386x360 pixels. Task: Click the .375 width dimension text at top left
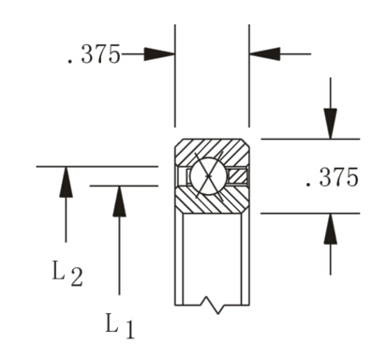93,54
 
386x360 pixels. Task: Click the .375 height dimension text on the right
332,177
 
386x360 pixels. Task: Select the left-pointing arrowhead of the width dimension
262,54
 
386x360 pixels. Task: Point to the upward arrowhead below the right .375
330,227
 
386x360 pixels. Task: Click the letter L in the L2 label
58,272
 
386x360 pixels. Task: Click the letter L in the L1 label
111,323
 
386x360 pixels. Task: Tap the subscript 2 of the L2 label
76,277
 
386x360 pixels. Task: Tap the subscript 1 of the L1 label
129,330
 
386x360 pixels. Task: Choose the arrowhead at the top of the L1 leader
119,201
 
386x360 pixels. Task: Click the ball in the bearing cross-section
206,175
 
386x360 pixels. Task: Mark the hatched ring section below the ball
211,201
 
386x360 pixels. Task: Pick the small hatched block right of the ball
238,174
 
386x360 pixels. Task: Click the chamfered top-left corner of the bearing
179,142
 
